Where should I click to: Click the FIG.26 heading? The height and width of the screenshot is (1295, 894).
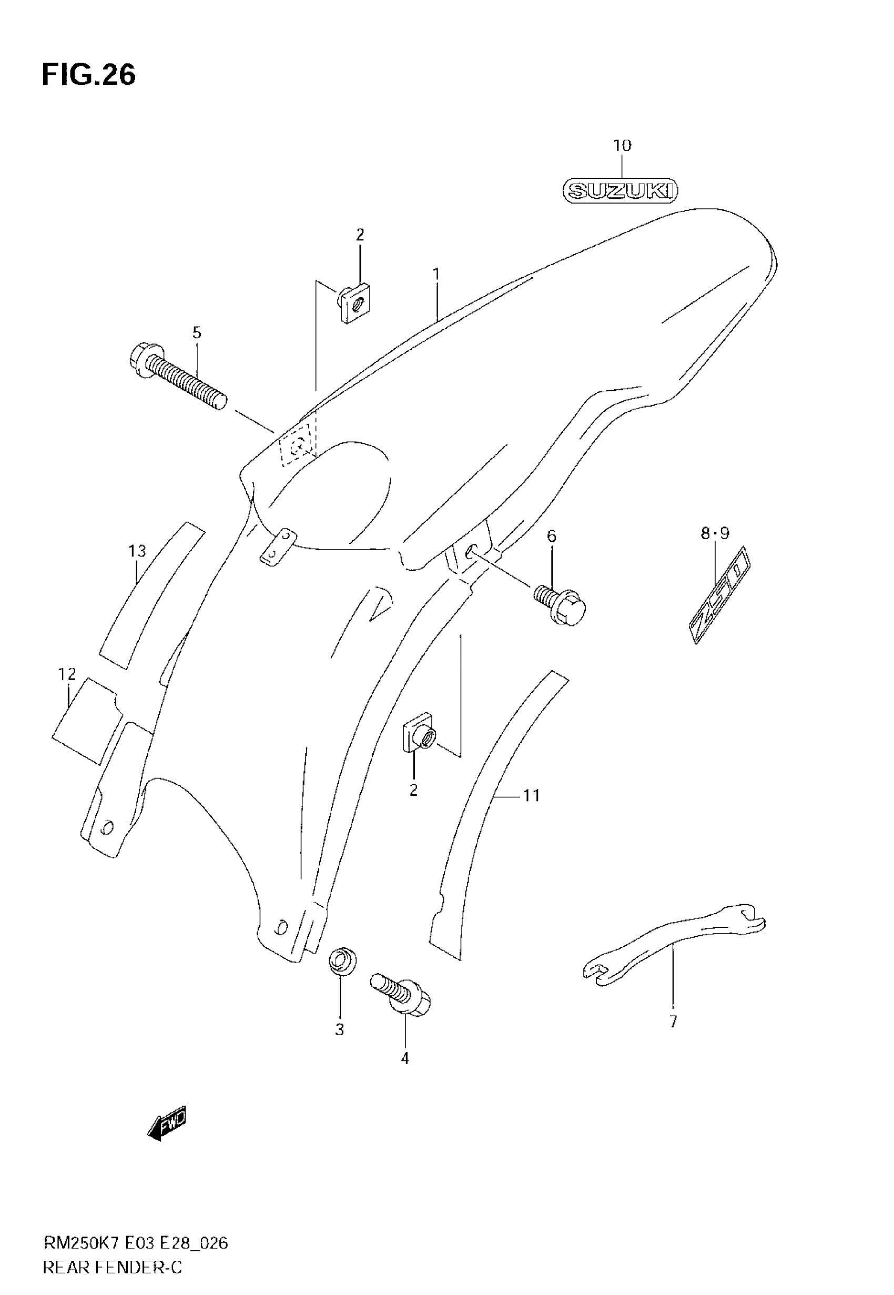pyautogui.click(x=88, y=75)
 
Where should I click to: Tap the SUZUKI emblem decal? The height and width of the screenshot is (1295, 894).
pyautogui.click(x=620, y=191)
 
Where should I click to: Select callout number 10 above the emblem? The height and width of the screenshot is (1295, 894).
pyautogui.click(x=622, y=146)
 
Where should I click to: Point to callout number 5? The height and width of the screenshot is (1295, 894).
pyautogui.click(x=197, y=333)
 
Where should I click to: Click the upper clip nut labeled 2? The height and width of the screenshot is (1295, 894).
pyautogui.click(x=355, y=303)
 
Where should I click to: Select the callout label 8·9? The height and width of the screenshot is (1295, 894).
pyautogui.click(x=715, y=534)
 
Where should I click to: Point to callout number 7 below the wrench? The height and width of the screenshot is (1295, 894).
pyautogui.click(x=673, y=1021)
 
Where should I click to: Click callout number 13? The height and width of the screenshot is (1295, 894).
pyautogui.click(x=137, y=551)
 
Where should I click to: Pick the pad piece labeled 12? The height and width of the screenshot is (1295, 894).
pyautogui.click(x=84, y=720)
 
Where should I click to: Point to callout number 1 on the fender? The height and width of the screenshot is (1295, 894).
pyautogui.click(x=436, y=274)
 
